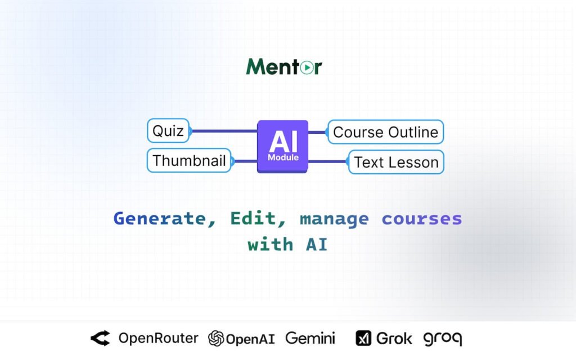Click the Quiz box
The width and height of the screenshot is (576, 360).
click(x=168, y=130)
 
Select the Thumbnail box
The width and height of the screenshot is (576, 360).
click(x=189, y=160)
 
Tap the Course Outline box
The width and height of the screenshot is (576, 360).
click(x=386, y=132)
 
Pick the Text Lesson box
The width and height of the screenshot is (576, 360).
click(x=396, y=162)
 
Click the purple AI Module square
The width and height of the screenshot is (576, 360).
click(x=282, y=146)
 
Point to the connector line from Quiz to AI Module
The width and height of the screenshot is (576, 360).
click(x=224, y=130)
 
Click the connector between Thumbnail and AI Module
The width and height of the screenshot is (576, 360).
click(x=245, y=161)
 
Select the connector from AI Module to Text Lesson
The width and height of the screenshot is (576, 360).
click(x=328, y=161)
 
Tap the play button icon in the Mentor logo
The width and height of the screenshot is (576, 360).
click(x=307, y=67)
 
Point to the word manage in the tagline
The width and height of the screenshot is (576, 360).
click(x=334, y=220)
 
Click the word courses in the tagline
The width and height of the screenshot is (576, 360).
click(x=422, y=219)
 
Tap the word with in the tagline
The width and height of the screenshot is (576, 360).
click(x=271, y=244)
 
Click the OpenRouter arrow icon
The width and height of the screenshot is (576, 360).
click(x=100, y=338)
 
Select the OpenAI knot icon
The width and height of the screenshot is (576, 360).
click(x=216, y=338)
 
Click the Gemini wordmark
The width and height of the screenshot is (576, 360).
click(x=310, y=338)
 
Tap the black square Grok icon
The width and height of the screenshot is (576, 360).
click(x=363, y=338)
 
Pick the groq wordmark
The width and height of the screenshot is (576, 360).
click(x=443, y=339)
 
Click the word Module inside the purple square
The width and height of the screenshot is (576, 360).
click(x=283, y=157)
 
